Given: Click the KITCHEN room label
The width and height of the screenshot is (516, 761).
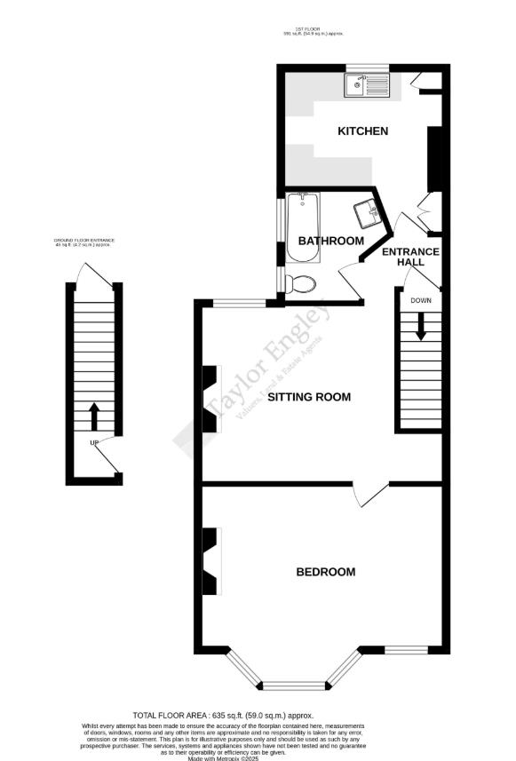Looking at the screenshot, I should (x=362, y=131).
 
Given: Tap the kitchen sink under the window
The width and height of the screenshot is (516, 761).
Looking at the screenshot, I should (x=369, y=86).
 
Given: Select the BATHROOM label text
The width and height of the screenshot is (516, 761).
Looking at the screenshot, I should (x=330, y=241).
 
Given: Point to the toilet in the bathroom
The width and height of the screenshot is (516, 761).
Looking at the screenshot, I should (x=301, y=284).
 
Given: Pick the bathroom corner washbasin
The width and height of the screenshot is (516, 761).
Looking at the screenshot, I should (x=368, y=213).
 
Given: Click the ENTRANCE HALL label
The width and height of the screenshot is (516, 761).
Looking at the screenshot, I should (x=410, y=257).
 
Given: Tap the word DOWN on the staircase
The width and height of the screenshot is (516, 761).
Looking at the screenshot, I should (x=420, y=300).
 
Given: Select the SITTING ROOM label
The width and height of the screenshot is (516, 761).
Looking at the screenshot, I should (x=309, y=397).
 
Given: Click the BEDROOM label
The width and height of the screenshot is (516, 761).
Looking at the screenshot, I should (x=325, y=572).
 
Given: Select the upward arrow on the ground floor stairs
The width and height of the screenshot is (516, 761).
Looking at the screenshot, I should (x=93, y=415).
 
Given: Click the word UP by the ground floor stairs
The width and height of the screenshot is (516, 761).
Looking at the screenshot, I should (x=93, y=442).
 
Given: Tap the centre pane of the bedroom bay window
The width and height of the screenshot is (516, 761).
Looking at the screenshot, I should (x=295, y=685).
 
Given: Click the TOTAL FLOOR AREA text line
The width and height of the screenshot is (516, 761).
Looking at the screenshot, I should (x=223, y=715).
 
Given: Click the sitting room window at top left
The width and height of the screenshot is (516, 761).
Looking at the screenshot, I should (x=238, y=305).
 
